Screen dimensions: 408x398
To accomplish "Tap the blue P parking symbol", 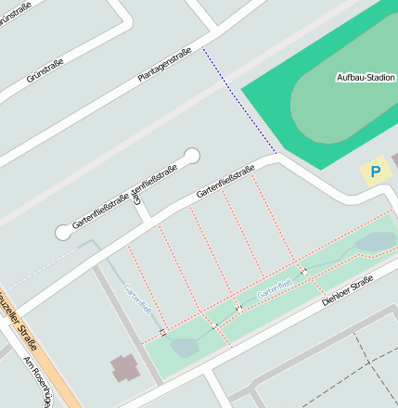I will pyautogui.click(x=375, y=172).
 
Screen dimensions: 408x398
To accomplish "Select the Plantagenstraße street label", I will pyautogui.click(x=164, y=65).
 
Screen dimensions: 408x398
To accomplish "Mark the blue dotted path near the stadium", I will pyautogui.click(x=238, y=100).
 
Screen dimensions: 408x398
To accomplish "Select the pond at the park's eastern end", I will pyautogui.click(x=377, y=243).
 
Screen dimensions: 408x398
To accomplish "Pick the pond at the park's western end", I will pyautogui.click(x=182, y=348).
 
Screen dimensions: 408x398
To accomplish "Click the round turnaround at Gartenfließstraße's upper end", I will pyautogui.click(x=192, y=155).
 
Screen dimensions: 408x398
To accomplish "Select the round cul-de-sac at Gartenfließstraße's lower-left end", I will pyautogui.click(x=63, y=232).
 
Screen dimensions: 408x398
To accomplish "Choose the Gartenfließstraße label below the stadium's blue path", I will pyautogui.click(x=225, y=182).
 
